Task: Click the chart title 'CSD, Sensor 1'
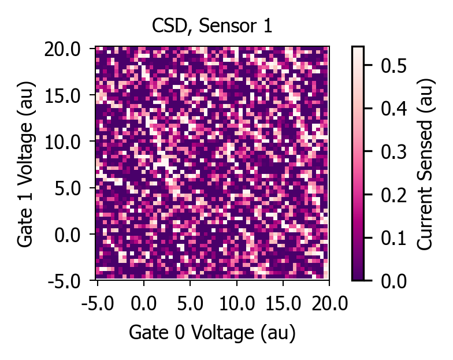[211, 26]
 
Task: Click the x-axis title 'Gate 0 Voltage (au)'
[212, 333]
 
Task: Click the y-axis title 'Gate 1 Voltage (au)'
[26, 164]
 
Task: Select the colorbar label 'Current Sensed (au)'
[425, 164]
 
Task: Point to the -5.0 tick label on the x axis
[98, 304]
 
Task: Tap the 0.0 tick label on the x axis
[143, 304]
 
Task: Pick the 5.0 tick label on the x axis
[190, 304]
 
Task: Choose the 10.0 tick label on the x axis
[237, 304]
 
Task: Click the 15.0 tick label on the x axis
[283, 304]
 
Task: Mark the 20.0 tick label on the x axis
[329, 304]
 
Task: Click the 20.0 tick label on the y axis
[62, 50]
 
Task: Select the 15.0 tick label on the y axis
[62, 96]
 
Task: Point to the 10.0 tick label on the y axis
[62, 142]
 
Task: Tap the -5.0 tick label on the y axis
[64, 281]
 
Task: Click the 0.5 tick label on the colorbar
[393, 65]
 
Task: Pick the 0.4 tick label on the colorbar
[393, 109]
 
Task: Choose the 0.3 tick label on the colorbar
[393, 151]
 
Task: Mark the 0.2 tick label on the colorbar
[393, 195]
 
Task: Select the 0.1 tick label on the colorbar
[393, 238]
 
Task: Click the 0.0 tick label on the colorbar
[393, 281]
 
